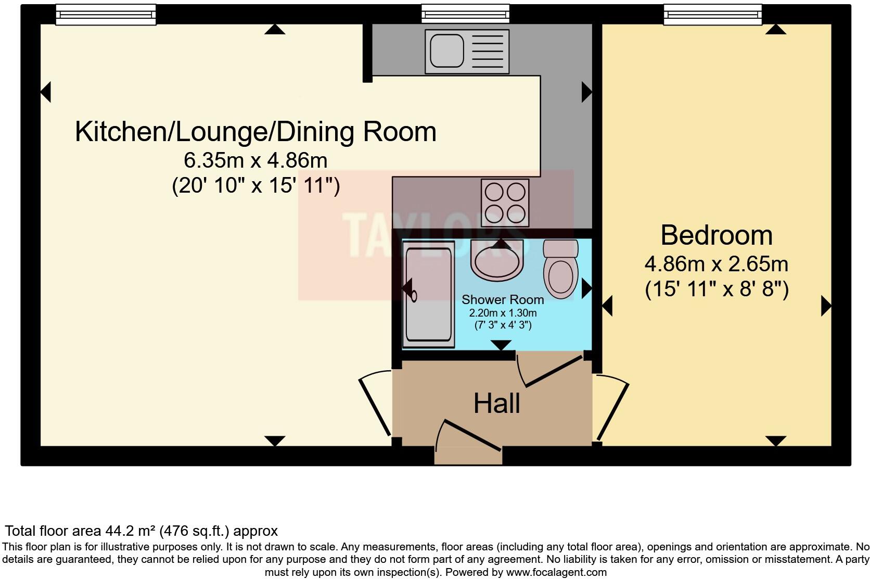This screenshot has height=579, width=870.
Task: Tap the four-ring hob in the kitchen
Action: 505,203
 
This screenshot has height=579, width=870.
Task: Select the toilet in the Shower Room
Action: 560,270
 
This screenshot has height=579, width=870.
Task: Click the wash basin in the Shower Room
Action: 496,260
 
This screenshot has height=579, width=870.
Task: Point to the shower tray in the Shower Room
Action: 429,295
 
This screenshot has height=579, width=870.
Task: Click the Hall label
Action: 496,404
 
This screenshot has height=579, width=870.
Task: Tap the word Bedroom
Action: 716,235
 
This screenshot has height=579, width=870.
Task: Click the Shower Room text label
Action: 502,300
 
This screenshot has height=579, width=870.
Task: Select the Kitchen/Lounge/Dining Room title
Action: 255,132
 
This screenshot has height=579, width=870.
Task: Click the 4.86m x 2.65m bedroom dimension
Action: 716,265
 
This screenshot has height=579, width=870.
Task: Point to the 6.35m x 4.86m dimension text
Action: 255,160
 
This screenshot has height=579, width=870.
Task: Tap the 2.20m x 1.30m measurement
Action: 502,313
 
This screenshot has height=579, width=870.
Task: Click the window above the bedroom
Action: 712,15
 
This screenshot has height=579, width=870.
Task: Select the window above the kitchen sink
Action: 465,14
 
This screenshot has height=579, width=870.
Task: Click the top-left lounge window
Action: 106,15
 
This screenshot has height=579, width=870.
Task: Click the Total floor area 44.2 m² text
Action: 141,531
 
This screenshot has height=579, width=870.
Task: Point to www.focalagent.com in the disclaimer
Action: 555,572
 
